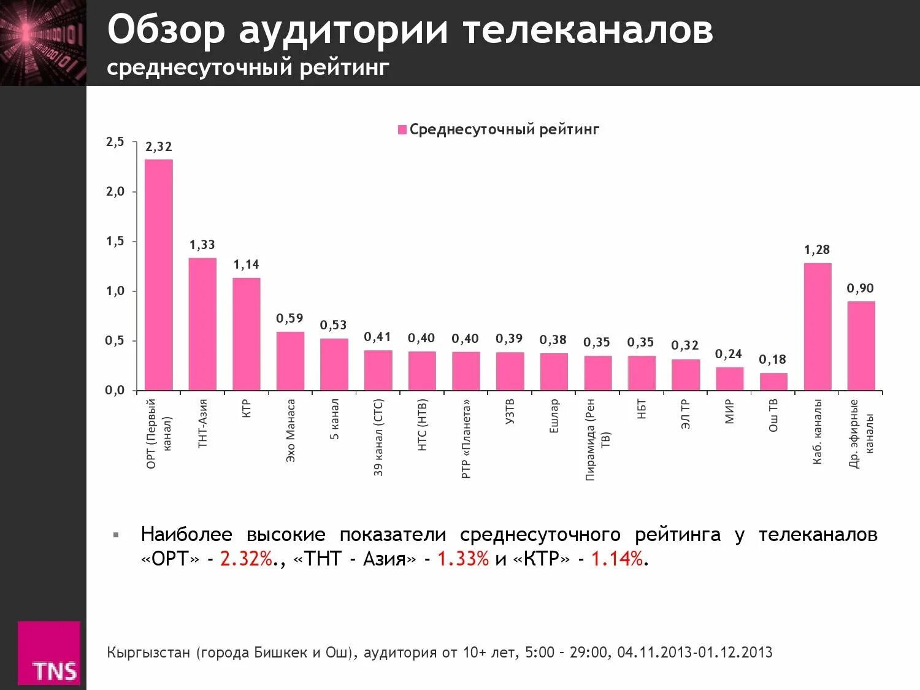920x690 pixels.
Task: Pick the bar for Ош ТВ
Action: pos(773,381)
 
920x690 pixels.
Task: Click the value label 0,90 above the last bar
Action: pos(860,288)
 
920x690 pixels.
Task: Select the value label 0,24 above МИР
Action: pos(729,354)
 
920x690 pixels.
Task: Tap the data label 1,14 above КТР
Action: pos(246,265)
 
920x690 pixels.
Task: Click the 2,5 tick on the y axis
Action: pos(115,142)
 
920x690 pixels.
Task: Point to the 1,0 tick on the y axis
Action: pos(115,291)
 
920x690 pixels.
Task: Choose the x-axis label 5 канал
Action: pos(334,419)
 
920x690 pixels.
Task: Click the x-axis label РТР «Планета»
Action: pos(466,439)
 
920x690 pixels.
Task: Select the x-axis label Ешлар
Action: pos(554,416)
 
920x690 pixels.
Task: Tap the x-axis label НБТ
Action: pos(642,409)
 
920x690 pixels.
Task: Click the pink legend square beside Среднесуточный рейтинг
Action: pos(402,130)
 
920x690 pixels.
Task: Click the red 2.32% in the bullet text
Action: pos(245,559)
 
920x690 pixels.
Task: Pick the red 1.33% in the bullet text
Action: pos(462,559)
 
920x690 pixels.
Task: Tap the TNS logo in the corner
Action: pos(49,653)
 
